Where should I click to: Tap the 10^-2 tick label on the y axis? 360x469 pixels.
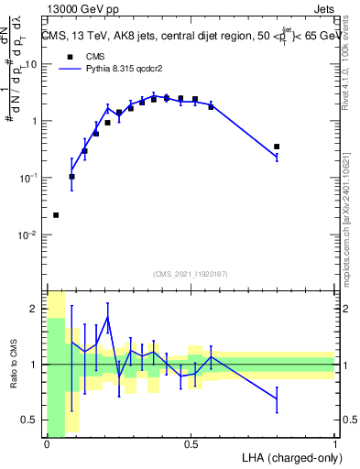click(27, 235)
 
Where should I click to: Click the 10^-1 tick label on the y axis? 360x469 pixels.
click(27, 178)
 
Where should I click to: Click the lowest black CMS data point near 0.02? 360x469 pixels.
click(56, 215)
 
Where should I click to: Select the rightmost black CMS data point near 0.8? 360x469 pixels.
click(277, 147)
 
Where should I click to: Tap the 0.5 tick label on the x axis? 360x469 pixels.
click(191, 444)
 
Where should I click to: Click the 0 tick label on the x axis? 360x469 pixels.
click(46, 444)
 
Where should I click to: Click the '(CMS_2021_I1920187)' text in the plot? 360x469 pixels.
click(190, 272)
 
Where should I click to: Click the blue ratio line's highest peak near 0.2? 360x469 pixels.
click(108, 317)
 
